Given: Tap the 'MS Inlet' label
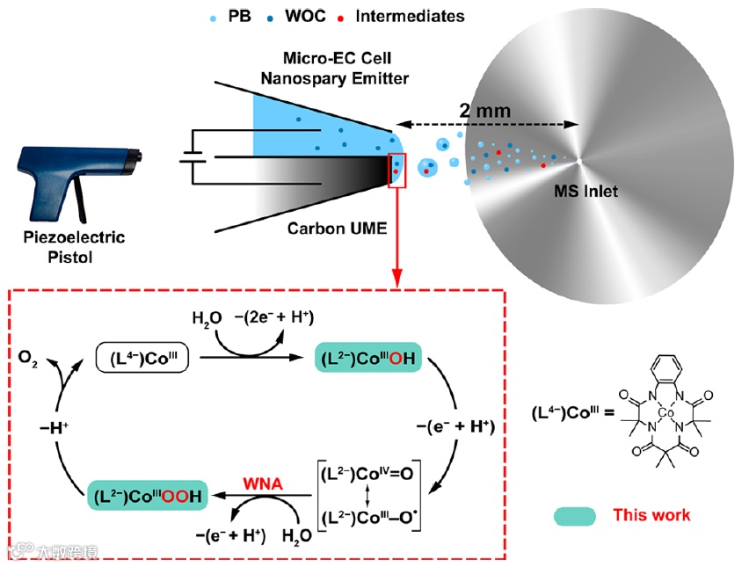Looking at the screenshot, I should point(586,191).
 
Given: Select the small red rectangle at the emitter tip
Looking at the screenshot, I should point(397,170).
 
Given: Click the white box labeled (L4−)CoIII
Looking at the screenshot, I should point(143,358).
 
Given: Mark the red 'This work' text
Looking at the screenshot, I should point(651,515).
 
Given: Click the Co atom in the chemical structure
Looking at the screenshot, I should point(666,411).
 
